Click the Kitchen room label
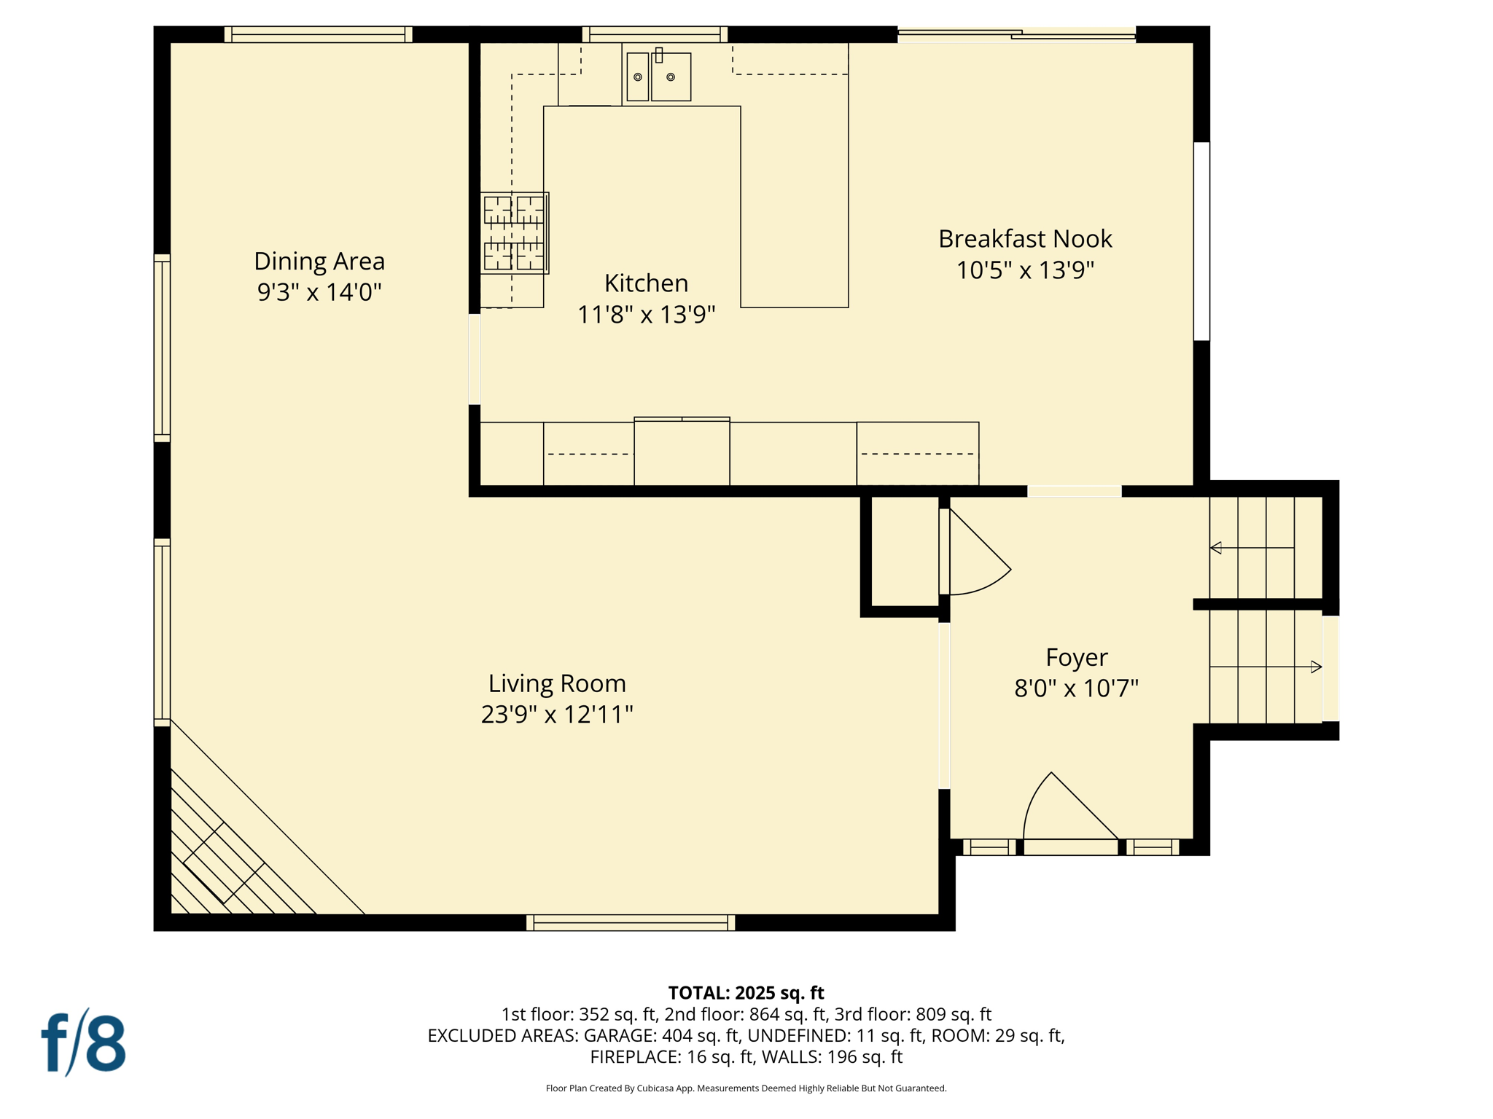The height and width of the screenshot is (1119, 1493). coord(646,283)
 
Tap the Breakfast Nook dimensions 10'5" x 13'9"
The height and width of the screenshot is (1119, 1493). coord(1025,270)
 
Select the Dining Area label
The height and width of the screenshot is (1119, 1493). coord(319,261)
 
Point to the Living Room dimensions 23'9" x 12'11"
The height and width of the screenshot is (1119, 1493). coord(557,714)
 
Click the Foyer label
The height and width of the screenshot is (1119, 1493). coord(1076,657)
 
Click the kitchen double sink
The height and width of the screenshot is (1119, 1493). coord(658,76)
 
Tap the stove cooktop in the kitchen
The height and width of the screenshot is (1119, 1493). coord(514,233)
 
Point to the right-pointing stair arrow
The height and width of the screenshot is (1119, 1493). coord(1315,667)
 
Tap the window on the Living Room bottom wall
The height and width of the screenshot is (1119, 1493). coord(631,922)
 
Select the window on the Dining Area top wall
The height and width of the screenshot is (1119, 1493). coord(318,34)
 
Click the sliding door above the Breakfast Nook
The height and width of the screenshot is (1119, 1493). coord(1016,34)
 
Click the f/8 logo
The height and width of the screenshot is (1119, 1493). coord(83,1043)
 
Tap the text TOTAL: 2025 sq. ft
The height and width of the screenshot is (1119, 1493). coord(746,993)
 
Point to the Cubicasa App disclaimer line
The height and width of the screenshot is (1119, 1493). coord(746,1088)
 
